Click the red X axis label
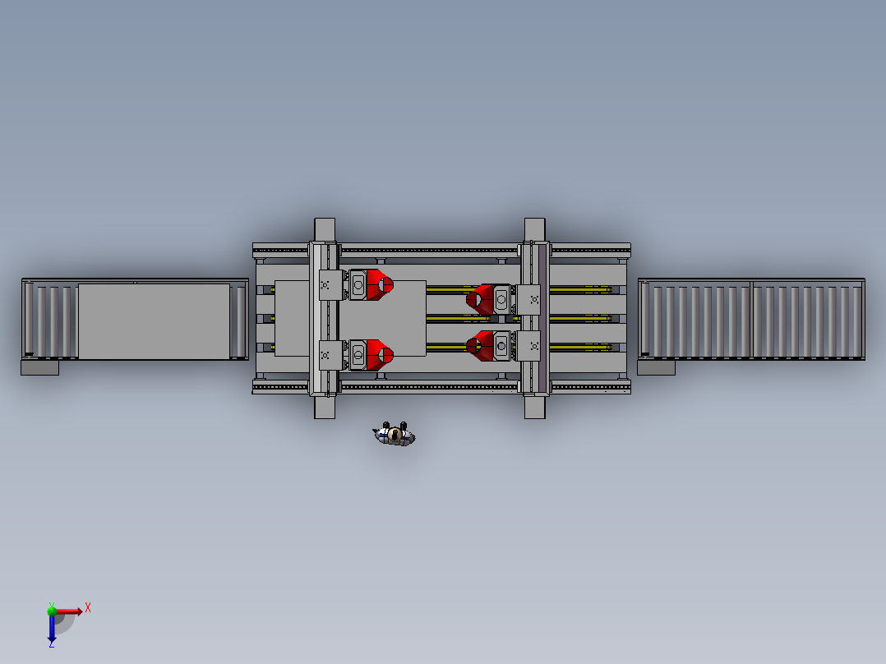[x=88, y=608]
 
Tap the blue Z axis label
[x=52, y=643]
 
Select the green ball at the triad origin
[x=52, y=611]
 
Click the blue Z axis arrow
[x=52, y=627]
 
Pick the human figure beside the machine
[x=395, y=434]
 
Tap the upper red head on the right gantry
[x=480, y=299]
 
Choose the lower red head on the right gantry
[x=480, y=346]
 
